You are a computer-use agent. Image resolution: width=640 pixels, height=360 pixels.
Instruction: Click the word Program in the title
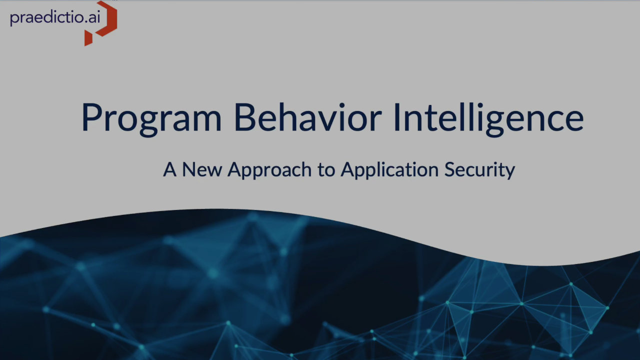[151, 118]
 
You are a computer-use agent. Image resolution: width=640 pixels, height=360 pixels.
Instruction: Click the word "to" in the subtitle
[326, 170]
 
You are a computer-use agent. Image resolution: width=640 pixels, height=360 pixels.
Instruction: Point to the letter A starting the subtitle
[170, 170]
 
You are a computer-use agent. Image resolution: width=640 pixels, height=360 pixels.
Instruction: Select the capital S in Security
[449, 170]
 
